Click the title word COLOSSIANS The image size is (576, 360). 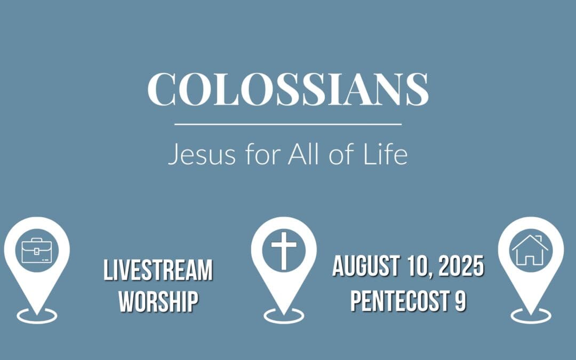[x=288, y=89]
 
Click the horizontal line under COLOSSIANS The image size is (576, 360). [x=288, y=124]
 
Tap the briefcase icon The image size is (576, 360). [x=37, y=251]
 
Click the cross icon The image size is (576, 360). [x=283, y=250]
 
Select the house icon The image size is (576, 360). [x=530, y=250]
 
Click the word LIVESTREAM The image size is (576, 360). [x=158, y=271]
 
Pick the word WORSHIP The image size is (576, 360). [x=158, y=301]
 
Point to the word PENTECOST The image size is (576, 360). [x=401, y=301]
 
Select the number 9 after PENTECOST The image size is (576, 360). [x=460, y=301]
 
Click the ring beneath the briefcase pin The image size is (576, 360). [x=37, y=316]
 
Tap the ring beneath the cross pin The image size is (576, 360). [x=283, y=316]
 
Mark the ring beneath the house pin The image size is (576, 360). [x=530, y=316]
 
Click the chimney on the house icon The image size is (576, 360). [x=539, y=238]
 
